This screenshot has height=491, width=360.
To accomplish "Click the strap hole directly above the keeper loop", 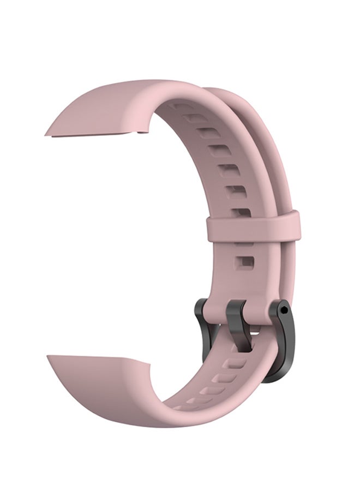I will [239, 210].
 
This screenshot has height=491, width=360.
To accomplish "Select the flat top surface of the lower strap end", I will [98, 376].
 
